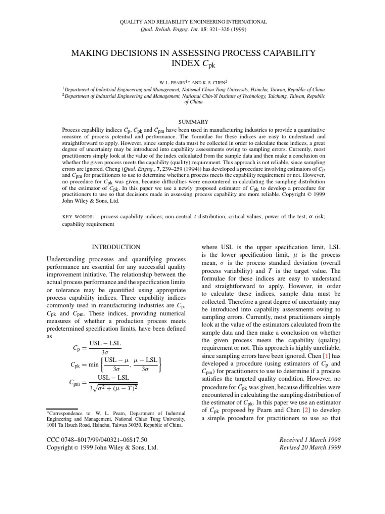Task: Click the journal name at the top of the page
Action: pyautogui.click(x=192, y=22)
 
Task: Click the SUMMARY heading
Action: pyautogui.click(x=193, y=122)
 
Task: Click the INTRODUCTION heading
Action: pyautogui.click(x=117, y=247)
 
